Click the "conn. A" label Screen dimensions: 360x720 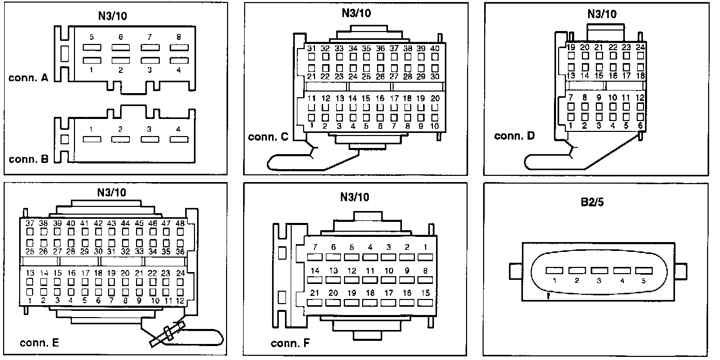pos(28,79)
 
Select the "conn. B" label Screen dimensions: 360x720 pos(28,159)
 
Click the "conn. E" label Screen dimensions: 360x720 pos(39,342)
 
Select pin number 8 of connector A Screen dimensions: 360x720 pos(178,37)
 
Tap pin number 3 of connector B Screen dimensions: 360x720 pos(149,129)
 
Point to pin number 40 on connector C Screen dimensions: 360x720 pos(434,48)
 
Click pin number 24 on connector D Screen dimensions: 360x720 pos(640,47)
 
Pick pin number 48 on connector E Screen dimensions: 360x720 pos(180,223)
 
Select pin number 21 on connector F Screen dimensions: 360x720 pos(314,293)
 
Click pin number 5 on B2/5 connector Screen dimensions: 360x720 pos(644,281)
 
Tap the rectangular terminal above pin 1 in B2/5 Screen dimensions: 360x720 pos(553,271)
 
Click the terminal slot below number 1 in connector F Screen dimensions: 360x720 pos(425,257)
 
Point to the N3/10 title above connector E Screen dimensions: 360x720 pos(111,192)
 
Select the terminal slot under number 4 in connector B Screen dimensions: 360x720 pos(178,139)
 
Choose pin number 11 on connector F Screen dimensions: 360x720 pos(370,271)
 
